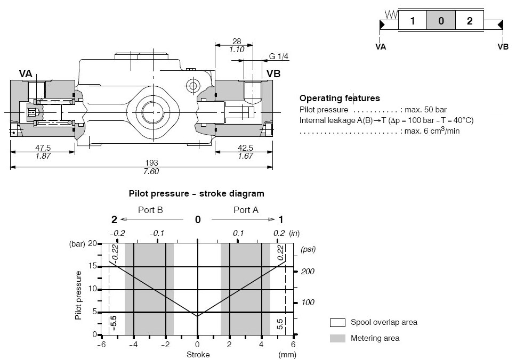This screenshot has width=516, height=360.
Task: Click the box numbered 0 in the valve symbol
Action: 441,20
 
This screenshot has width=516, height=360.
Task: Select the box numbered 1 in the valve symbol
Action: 413,20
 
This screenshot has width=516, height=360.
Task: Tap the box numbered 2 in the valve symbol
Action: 470,20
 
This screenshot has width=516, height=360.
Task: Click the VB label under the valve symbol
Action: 503,47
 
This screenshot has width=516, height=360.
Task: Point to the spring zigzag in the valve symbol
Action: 392,14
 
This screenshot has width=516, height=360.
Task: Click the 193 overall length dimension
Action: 151,163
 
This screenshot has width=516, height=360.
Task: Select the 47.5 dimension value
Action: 43,148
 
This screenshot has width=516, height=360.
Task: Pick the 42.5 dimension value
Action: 245,148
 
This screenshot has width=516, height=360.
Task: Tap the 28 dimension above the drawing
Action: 237,42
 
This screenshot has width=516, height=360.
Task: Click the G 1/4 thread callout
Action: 278,56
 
